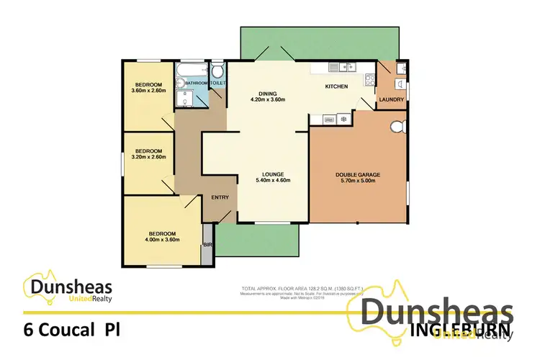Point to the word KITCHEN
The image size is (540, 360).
coord(336,86)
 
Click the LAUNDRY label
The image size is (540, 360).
coord(392,99)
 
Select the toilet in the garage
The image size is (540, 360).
coord(395,128)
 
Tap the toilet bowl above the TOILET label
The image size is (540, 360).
coord(218,71)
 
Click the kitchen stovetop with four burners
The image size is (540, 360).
coord(333,67)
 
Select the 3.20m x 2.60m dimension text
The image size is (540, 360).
coord(149,157)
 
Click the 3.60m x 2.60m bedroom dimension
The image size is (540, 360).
coord(149,91)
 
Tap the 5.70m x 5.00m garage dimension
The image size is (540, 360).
coord(357,181)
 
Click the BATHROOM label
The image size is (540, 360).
coord(197,84)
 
